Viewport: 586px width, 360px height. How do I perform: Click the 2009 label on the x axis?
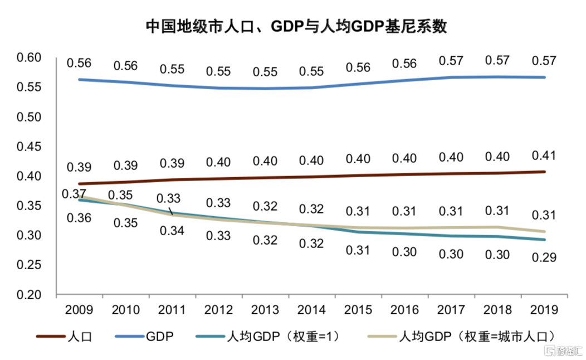click(79, 309)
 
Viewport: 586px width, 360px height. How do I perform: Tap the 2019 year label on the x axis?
click(545, 309)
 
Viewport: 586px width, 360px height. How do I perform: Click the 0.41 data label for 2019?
click(545, 155)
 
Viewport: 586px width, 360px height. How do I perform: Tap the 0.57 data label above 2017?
click(451, 60)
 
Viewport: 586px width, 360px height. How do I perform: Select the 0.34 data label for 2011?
click(172, 231)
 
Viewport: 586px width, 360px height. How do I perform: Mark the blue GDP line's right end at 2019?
click(545, 77)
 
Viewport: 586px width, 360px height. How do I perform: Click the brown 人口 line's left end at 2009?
click(79, 183)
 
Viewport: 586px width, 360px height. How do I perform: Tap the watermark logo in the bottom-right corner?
click(563, 351)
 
